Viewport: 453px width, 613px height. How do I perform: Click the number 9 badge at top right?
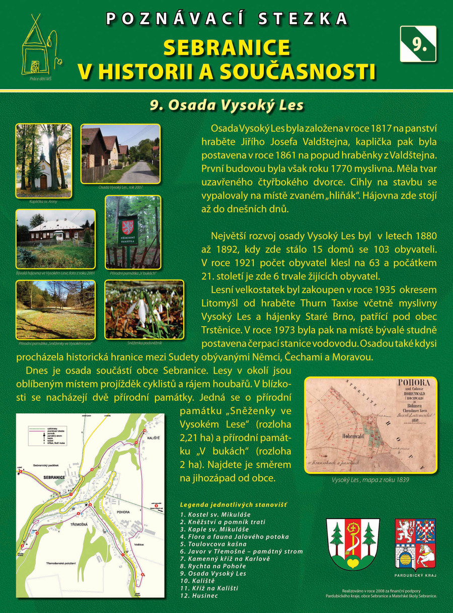(x=418, y=44)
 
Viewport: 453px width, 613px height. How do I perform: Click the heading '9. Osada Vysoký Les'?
(x=226, y=105)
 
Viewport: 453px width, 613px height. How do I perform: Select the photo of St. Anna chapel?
(x=43, y=160)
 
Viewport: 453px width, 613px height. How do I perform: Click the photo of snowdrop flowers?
(x=144, y=309)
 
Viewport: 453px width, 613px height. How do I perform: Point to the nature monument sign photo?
(x=133, y=231)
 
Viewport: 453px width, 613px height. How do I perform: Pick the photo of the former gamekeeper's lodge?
(x=55, y=238)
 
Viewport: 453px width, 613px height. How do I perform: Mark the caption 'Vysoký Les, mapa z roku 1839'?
(x=370, y=480)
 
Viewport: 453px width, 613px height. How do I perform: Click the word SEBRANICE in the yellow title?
(x=226, y=48)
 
